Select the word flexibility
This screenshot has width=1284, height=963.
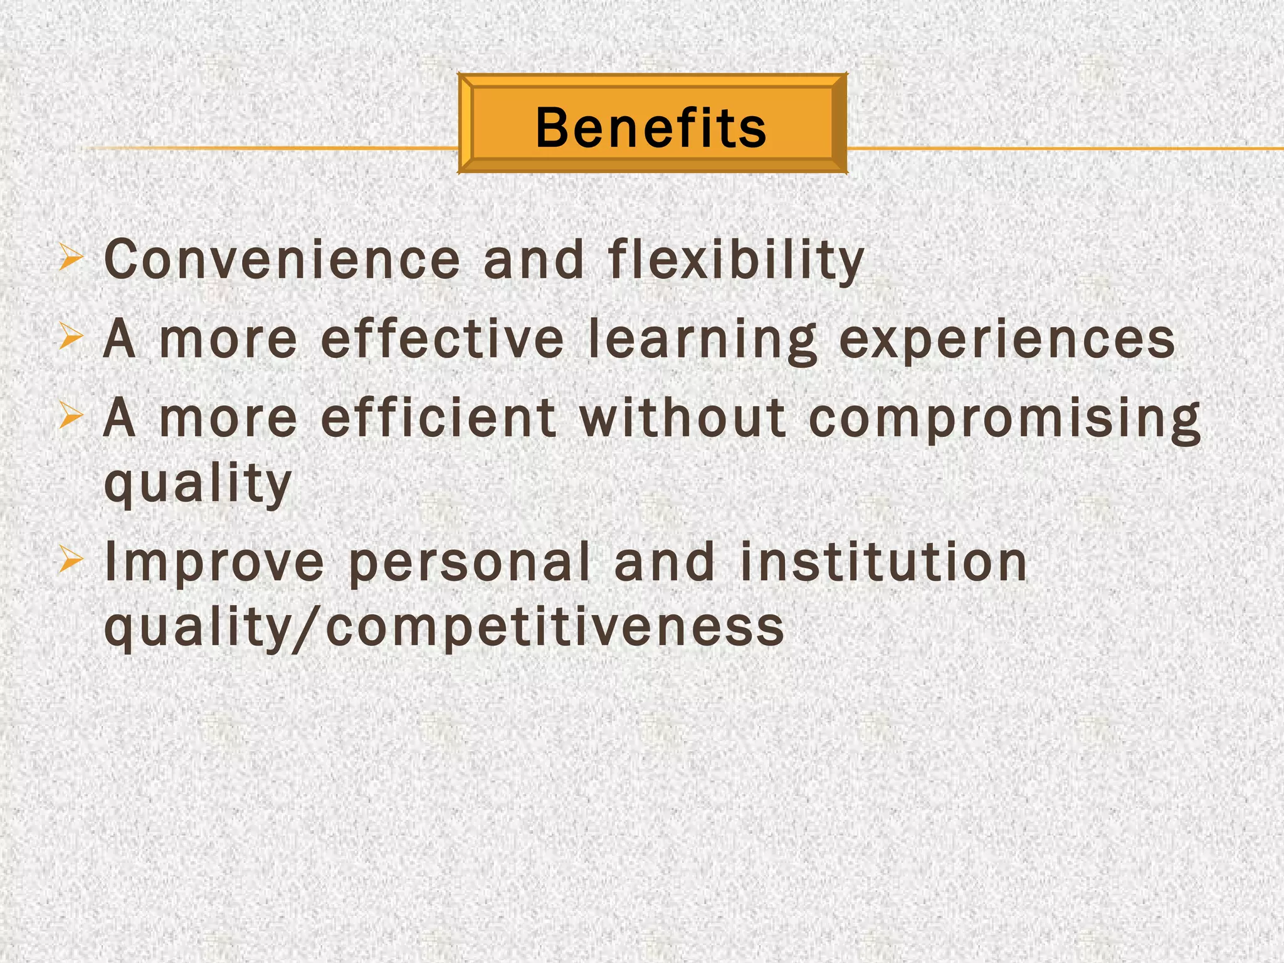point(736,260)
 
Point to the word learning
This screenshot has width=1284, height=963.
point(703,340)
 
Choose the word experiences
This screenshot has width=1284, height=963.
point(1006,340)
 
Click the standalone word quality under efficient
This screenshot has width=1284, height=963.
point(197,483)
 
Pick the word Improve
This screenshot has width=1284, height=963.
point(214,562)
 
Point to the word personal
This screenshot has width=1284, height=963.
point(470,562)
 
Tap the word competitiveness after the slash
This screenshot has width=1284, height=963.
point(555,628)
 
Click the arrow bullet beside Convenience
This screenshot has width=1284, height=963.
point(70,258)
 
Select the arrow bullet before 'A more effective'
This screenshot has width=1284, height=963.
point(70,338)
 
